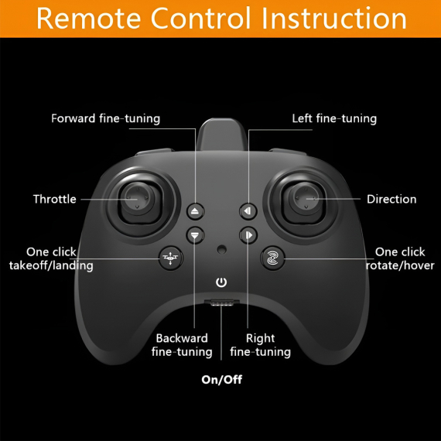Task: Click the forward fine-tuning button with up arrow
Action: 195,211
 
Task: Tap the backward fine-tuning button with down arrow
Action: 195,235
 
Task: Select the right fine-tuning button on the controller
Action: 248,235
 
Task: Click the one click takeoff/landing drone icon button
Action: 170,258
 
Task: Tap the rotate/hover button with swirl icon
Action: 272,258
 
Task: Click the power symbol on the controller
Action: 221,282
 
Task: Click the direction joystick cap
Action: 304,198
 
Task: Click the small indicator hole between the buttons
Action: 221,249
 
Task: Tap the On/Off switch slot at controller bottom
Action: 221,303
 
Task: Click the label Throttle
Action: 55,199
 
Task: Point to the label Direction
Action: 391,199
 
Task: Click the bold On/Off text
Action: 221,380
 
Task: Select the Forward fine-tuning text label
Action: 105,118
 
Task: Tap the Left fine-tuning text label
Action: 334,118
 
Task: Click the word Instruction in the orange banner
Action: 334,18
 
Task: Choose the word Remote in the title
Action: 89,18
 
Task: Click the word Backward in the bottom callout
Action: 182,338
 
